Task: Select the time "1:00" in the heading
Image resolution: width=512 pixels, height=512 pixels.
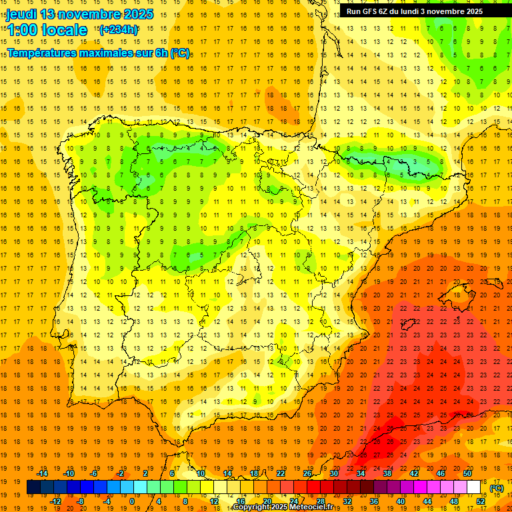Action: pos(22,30)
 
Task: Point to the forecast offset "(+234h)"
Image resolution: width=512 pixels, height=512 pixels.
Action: pos(118,29)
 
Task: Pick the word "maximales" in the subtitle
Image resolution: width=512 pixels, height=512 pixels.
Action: pos(107,53)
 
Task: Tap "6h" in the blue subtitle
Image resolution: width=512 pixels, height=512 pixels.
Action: pos(161,53)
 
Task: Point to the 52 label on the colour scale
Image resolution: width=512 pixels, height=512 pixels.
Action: pos(481,501)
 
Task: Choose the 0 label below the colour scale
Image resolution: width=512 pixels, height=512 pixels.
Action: pos(131,501)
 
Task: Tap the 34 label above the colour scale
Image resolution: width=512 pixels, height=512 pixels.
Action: pos(361,473)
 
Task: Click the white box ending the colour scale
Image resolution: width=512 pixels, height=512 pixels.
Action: pos(474,487)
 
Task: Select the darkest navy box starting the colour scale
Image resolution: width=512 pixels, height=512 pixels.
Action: pos(34,487)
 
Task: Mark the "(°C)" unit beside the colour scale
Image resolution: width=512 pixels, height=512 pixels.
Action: pos(496,488)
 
